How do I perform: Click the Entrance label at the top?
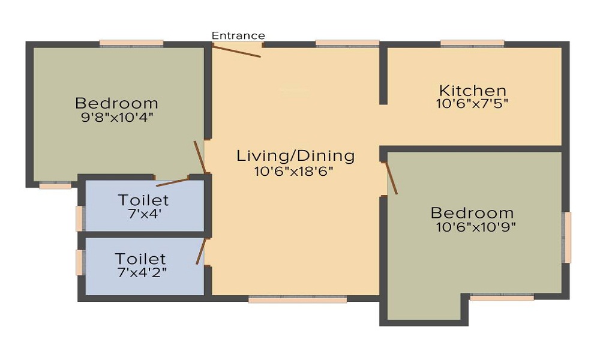coord(238,36)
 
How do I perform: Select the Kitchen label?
coord(473,91)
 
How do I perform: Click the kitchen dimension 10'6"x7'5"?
coord(473,103)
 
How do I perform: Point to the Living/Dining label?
coord(295,156)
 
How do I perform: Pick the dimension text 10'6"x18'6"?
coord(294,170)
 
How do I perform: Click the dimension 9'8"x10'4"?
coord(117,117)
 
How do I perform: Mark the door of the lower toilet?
coord(202,251)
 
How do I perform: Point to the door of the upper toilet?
coord(172,182)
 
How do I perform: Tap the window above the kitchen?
coord(472,43)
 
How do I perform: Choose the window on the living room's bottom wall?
coord(298,299)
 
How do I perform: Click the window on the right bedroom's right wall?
coord(566,237)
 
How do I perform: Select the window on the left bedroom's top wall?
coord(131,43)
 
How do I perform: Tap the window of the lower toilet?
coord(79,262)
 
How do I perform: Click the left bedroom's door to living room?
coord(200,157)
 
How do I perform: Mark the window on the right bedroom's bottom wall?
coord(502,297)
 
